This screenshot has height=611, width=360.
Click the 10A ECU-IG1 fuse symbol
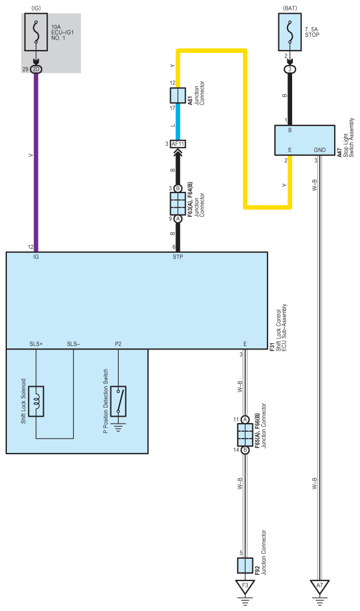pyautogui.click(x=36, y=32)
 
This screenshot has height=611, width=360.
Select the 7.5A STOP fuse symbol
pyautogui.click(x=290, y=32)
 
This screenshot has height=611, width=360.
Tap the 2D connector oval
pyautogui.click(x=36, y=70)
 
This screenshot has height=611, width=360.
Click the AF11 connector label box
pyautogui.click(x=178, y=144)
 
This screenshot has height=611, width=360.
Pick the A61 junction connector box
pyautogui.click(x=178, y=95)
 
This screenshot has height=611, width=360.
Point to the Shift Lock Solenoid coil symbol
pyautogui.click(x=36, y=401)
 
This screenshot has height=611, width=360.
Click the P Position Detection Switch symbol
pyautogui.click(x=118, y=401)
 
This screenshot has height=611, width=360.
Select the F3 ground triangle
pyautogui.click(x=245, y=586)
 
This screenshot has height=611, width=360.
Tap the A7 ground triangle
pyautogui.click(x=320, y=586)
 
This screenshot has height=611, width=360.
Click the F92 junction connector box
pyautogui.click(x=245, y=566)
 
